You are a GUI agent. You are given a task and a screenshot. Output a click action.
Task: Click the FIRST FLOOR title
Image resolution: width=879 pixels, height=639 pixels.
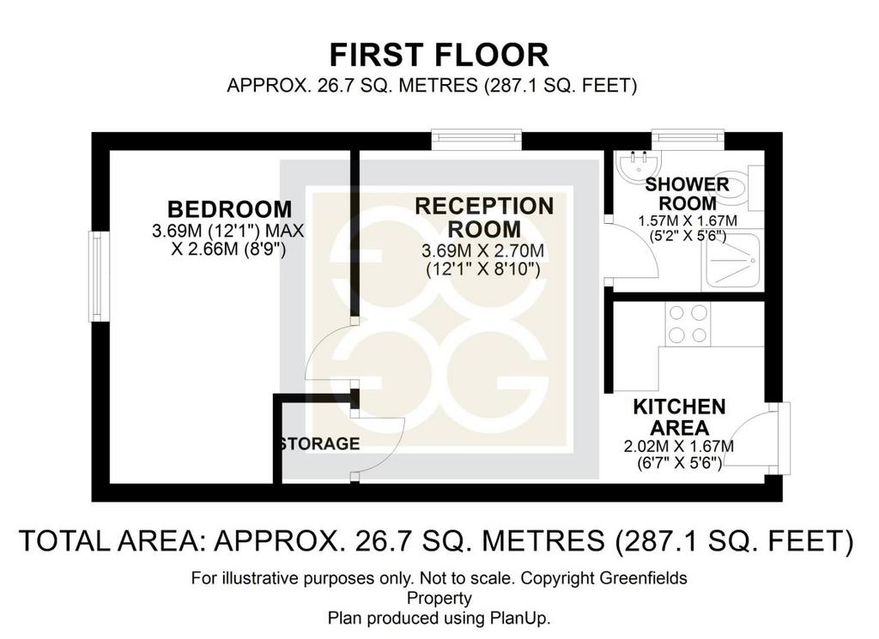click(x=439, y=55)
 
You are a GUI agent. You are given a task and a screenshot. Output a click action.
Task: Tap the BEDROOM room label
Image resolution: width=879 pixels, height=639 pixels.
click(x=230, y=209)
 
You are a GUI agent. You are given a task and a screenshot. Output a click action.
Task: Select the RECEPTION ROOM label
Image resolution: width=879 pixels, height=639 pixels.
click(x=484, y=218)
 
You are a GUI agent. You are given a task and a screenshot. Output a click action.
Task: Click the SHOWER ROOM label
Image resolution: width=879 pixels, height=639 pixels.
click(x=688, y=194)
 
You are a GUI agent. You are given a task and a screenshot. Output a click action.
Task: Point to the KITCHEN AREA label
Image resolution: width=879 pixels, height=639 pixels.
click(x=680, y=417)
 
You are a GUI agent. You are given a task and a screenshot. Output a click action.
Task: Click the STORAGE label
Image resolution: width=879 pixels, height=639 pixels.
click(x=320, y=443)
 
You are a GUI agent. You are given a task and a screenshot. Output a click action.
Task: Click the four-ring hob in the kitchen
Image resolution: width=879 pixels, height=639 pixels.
click(x=688, y=323)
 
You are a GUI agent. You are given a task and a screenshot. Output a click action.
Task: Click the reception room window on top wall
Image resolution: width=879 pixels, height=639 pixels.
click(x=476, y=140)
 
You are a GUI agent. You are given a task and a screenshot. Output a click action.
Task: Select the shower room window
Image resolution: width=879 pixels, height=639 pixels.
click(x=688, y=140)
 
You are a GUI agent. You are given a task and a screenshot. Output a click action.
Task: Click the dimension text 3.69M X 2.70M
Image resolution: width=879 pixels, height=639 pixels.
click(x=483, y=250)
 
